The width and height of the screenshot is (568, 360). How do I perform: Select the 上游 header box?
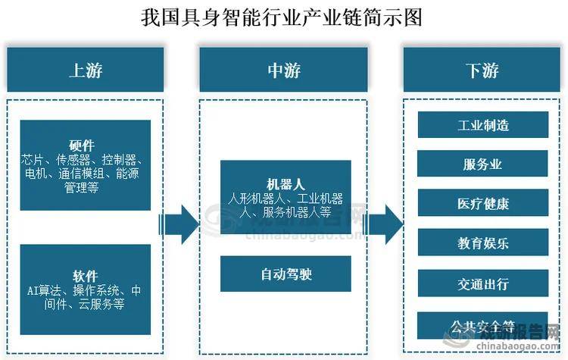click(x=85, y=70)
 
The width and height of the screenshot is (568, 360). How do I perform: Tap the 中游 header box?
click(x=284, y=70)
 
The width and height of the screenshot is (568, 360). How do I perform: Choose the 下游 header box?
click(x=482, y=70)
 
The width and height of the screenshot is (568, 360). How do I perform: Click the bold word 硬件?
click(x=85, y=146)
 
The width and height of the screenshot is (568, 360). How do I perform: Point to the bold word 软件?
click(x=85, y=275)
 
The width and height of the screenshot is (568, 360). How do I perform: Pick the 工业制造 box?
click(x=482, y=124)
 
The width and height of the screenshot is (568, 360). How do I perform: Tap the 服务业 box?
click(x=482, y=164)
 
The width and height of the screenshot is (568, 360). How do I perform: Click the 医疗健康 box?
click(x=482, y=205)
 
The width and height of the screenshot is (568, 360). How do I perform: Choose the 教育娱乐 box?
click(x=482, y=245)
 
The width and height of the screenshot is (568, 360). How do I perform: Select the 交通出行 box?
click(x=482, y=285)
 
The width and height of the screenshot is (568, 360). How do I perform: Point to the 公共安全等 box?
click(x=482, y=326)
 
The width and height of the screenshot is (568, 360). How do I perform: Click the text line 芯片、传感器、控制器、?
click(x=85, y=160)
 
